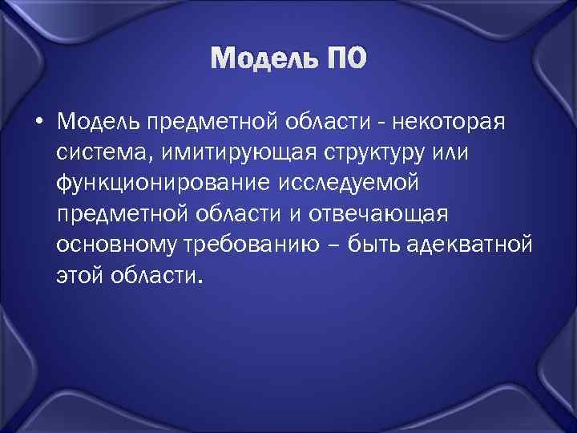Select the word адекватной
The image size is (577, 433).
(x=478, y=245)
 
